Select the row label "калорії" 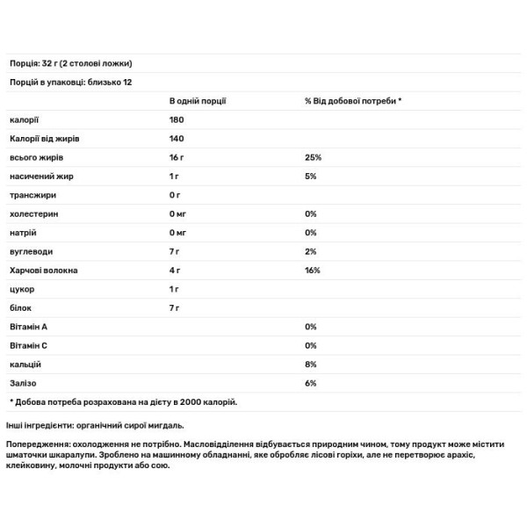(x=24, y=119)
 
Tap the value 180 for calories (x=177, y=119)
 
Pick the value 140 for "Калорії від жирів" (x=177, y=138)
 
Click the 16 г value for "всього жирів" (x=176, y=157)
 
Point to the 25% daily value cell (x=314, y=157)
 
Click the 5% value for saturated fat (x=311, y=176)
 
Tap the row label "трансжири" (x=28, y=195)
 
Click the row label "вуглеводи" (x=29, y=251)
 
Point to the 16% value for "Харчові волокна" (x=314, y=271)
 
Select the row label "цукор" (x=21, y=289)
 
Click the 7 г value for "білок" (x=174, y=308)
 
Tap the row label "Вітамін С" (x=29, y=345)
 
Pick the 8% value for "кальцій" (x=311, y=364)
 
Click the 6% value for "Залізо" (x=311, y=383)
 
